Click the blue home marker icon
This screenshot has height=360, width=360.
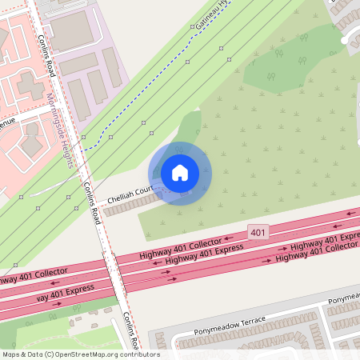[x=180, y=173]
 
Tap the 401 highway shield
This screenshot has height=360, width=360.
[x=257, y=231]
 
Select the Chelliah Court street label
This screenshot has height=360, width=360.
[x=130, y=193]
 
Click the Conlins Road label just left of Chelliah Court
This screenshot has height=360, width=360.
[x=90, y=202]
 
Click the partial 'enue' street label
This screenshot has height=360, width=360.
[x=7, y=124]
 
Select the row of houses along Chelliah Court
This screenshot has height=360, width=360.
[x=132, y=204]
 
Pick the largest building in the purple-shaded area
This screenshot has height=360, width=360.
[x=72, y=30]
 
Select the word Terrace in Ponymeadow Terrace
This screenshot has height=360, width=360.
[x=250, y=322]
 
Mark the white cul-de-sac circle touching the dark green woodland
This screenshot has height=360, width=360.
[x=346, y=40]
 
